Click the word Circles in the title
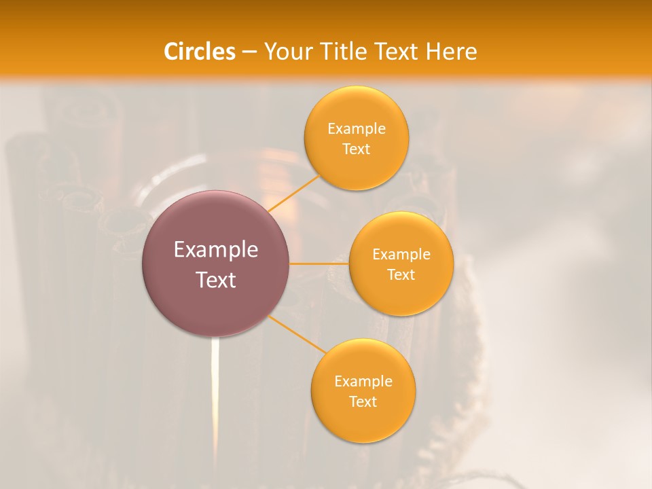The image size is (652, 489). click(199, 52)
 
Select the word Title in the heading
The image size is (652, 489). click(346, 52)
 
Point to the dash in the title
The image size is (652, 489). click(249, 52)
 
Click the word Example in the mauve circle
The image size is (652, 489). click(216, 250)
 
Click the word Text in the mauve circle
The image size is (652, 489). click(216, 280)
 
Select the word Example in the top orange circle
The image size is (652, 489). click(357, 129)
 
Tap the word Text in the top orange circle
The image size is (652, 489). click(357, 149)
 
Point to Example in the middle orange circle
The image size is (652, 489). click(401, 255)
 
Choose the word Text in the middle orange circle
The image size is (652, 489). click(401, 275)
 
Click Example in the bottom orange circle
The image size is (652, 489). click(363, 382)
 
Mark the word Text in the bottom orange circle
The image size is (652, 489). click(363, 402)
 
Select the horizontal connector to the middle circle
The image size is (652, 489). click(319, 264)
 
